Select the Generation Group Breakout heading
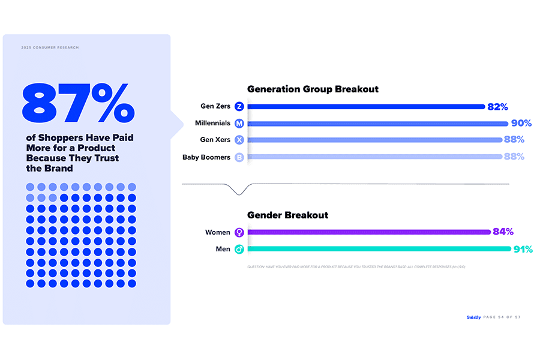coord(313,89)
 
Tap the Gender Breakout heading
coord(287,215)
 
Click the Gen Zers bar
coord(366,107)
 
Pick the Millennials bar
coord(377,124)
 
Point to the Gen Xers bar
coord(374,140)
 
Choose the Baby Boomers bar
coord(374,157)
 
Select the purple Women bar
coord(369,232)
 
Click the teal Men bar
coord(379,249)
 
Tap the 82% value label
coord(498,107)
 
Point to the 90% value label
coord(521,124)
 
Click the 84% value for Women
coord(503,232)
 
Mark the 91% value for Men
coord(523,249)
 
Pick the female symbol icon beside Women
coord(239,232)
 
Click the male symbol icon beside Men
coord(239,249)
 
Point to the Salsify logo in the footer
coord(473,317)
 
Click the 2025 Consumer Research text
coord(50,47)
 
